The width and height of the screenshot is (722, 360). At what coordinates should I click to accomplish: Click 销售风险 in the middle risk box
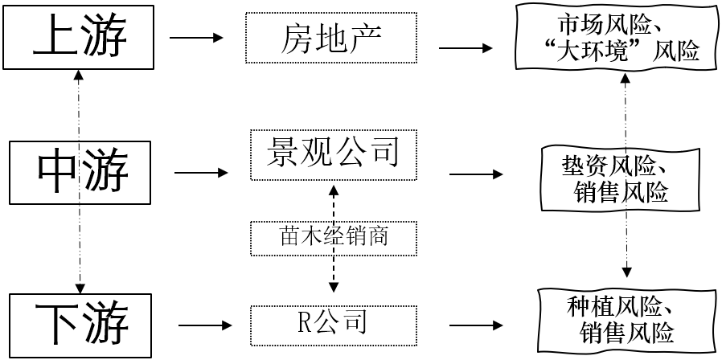[621, 193]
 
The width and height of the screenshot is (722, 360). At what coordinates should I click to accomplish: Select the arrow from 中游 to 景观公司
[202, 172]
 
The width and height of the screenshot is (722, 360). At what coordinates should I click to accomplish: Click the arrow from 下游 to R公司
[205, 325]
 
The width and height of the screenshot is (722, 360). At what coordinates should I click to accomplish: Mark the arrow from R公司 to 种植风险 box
[478, 325]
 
